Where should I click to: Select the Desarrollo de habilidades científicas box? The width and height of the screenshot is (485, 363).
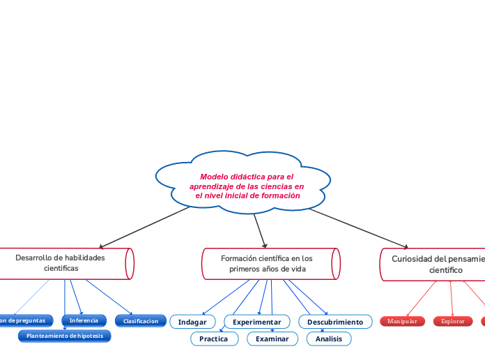point(63,263)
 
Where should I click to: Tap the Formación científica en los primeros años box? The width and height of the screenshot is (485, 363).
point(268,263)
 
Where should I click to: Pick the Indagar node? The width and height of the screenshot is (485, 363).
point(192,322)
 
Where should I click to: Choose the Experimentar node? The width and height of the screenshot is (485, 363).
point(256,322)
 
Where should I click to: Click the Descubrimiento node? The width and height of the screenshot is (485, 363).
point(334,322)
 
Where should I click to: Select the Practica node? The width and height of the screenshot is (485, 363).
point(213,339)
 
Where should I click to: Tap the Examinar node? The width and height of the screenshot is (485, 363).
point(272,339)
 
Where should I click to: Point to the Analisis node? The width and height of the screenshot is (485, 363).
point(329,339)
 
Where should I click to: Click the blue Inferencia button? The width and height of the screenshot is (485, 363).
point(84,320)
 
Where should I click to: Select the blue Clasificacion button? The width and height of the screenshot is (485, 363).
point(140,321)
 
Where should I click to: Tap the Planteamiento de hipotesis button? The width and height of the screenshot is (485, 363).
point(64,336)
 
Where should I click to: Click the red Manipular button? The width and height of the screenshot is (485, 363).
point(402,321)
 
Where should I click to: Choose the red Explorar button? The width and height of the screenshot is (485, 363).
point(453,321)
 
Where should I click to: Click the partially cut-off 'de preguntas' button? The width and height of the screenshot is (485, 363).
point(25,320)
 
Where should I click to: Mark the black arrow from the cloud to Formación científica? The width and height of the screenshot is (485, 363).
point(260,228)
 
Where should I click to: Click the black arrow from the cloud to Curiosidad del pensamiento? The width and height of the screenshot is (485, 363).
point(359,226)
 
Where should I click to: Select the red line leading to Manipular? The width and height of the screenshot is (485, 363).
point(421,298)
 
